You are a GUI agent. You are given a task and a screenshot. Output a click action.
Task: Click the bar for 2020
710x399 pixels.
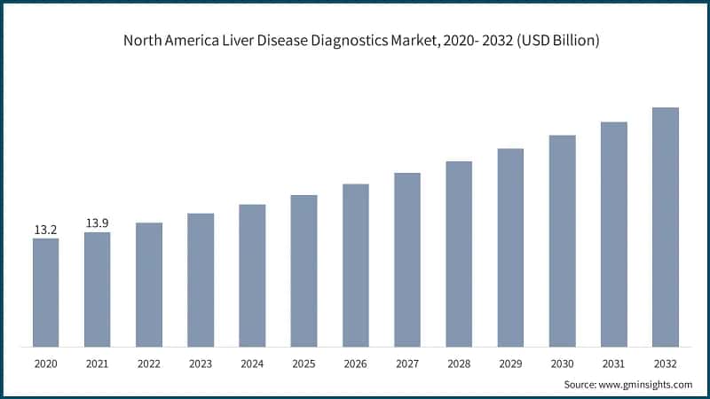tap(46, 293)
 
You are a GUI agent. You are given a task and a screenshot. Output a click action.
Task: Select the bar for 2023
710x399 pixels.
tap(201, 280)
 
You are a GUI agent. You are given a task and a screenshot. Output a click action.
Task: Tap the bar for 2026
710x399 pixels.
tap(356, 265)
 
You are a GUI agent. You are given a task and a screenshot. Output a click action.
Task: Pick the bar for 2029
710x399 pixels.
tap(510, 247)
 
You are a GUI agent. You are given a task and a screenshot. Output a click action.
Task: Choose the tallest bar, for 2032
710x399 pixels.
tap(666, 227)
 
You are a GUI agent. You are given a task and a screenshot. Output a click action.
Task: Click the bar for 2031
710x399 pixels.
tap(614, 234)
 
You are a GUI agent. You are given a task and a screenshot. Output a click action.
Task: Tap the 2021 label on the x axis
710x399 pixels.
tap(98, 364)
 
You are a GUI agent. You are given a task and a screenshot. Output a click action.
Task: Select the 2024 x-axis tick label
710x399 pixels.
tap(252, 364)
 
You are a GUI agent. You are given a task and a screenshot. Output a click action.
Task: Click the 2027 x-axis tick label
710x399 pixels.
tap(407, 364)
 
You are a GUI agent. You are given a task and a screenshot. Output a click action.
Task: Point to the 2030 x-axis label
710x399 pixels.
tap(562, 364)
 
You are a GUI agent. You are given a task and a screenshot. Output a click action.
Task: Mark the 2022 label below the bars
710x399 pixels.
tap(149, 364)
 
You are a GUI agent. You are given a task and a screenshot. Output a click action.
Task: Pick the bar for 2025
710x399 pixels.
tap(304, 270)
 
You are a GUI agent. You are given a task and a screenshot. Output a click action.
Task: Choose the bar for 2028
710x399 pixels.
tap(459, 254)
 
